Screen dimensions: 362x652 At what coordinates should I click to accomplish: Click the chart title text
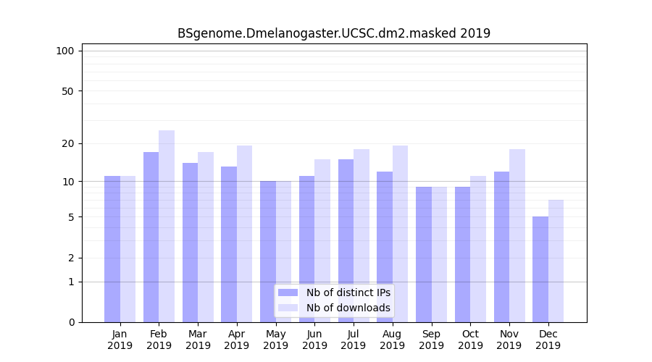[334, 33]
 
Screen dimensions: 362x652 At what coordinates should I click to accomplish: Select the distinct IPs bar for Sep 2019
[424, 254]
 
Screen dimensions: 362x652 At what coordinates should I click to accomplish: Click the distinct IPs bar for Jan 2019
[112, 249]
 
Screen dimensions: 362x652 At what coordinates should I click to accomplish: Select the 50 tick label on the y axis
[67, 91]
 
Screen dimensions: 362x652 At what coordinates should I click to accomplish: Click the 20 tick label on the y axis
[67, 143]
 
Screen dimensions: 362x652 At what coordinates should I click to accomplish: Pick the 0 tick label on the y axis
[71, 322]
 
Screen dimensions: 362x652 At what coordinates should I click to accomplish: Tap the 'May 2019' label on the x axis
[276, 340]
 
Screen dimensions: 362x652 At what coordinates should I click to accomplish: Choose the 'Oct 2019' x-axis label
[470, 340]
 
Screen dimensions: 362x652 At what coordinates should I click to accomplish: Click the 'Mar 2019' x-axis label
[198, 340]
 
